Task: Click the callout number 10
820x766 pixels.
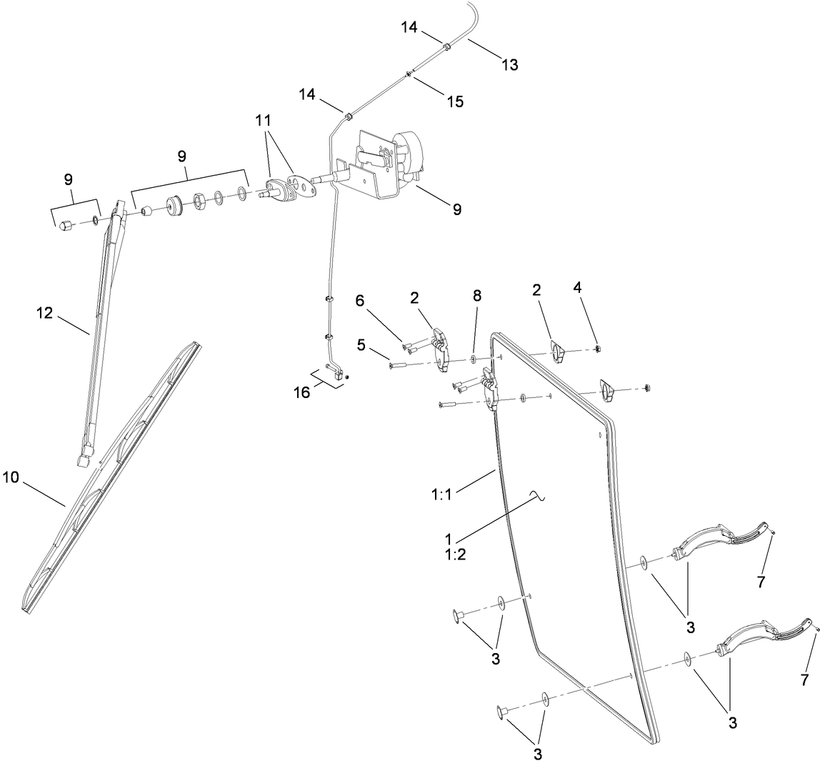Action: pos(11,477)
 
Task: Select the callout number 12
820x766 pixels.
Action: pos(45,313)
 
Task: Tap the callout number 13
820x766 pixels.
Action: pos(510,64)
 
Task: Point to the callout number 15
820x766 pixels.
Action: pos(456,101)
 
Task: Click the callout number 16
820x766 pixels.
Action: pos(301,392)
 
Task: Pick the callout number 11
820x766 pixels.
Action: pos(264,120)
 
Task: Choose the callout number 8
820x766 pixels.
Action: pos(477,296)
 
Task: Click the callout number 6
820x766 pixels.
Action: pos(359,301)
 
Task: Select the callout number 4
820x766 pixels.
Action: pos(577,287)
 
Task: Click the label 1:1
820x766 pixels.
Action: pos(441,494)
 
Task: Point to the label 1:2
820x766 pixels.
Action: pos(456,554)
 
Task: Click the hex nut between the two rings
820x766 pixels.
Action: pos(199,200)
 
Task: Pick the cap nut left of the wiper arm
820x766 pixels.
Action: pos(66,225)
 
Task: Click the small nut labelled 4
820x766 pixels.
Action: pos(596,349)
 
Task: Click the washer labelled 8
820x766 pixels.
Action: pos(474,359)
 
